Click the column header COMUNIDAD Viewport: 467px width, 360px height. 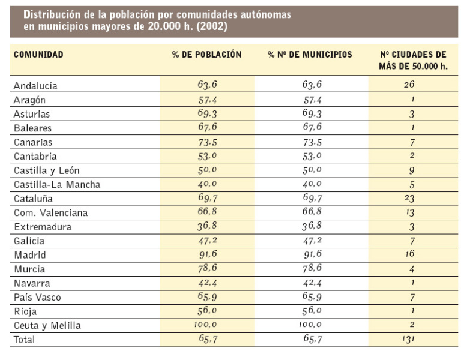pyautogui.click(x=38, y=55)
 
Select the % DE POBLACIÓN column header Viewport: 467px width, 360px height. pyautogui.click(x=206, y=55)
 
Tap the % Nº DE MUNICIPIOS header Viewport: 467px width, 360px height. pyautogui.click(x=310, y=55)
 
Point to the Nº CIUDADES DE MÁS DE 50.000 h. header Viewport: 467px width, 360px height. pyautogui.click(x=413, y=60)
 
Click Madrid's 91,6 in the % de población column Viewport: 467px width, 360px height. pyautogui.click(x=207, y=255)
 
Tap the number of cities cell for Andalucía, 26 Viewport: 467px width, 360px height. pyautogui.click(x=410, y=85)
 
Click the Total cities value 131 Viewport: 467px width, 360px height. pyautogui.click(x=410, y=340)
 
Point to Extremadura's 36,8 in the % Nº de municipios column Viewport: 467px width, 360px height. pyautogui.click(x=312, y=227)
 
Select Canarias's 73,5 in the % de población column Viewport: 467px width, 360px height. pyautogui.click(x=207, y=142)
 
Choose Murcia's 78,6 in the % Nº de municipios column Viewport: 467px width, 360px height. pyautogui.click(x=312, y=269)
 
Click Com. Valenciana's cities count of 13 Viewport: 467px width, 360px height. pyautogui.click(x=410, y=213)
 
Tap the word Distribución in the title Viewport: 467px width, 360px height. pyautogui.click(x=47, y=15)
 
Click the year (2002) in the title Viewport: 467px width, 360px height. pyautogui.click(x=211, y=27)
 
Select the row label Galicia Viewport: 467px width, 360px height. pyautogui.click(x=29, y=241)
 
